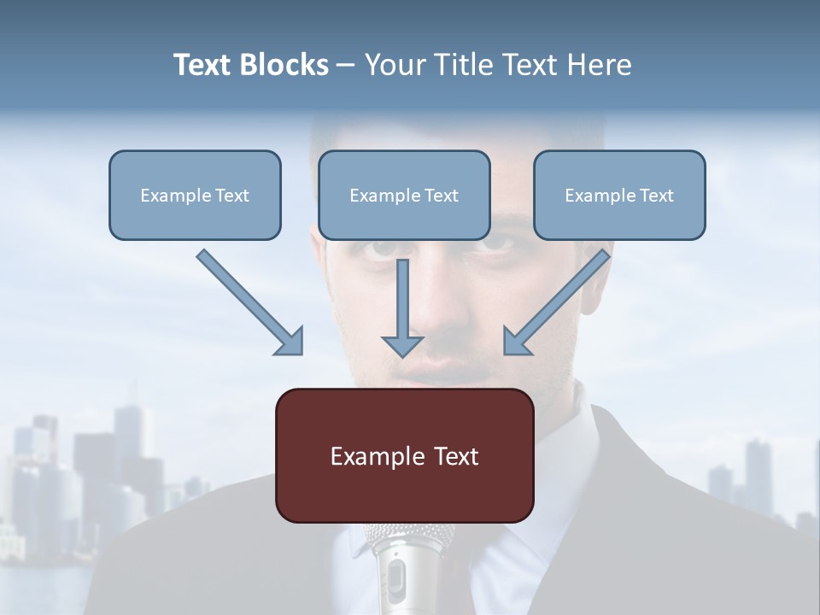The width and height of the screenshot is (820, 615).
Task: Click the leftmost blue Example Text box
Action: (195, 196)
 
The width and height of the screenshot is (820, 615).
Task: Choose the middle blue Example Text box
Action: (404, 196)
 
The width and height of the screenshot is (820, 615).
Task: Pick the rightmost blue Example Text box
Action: (619, 196)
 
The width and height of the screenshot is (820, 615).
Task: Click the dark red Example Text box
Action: (404, 455)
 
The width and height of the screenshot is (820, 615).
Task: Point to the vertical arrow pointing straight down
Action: (402, 307)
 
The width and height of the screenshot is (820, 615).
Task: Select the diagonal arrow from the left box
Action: (250, 302)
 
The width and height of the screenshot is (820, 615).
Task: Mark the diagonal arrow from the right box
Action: (556, 302)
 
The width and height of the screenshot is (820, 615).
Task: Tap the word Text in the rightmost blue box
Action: (657, 196)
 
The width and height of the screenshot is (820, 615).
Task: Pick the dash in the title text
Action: (345, 65)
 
